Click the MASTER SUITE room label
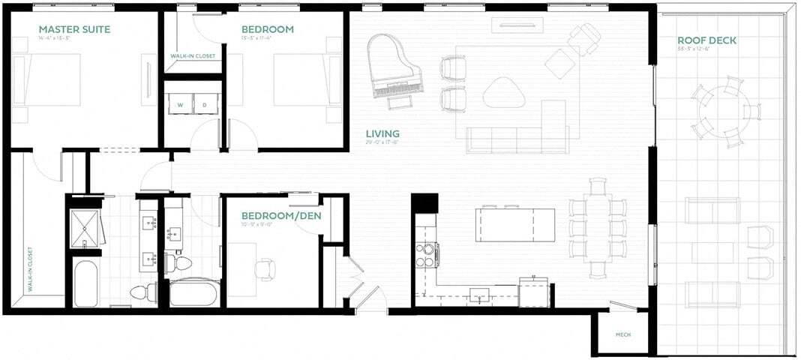(x=74, y=30)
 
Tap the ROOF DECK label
(x=707, y=40)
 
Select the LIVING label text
(x=382, y=134)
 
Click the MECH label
(x=622, y=334)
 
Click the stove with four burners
(x=427, y=255)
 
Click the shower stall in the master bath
(x=85, y=227)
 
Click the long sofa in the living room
(x=517, y=139)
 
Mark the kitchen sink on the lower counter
(x=478, y=294)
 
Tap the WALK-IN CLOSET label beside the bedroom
(x=193, y=55)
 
